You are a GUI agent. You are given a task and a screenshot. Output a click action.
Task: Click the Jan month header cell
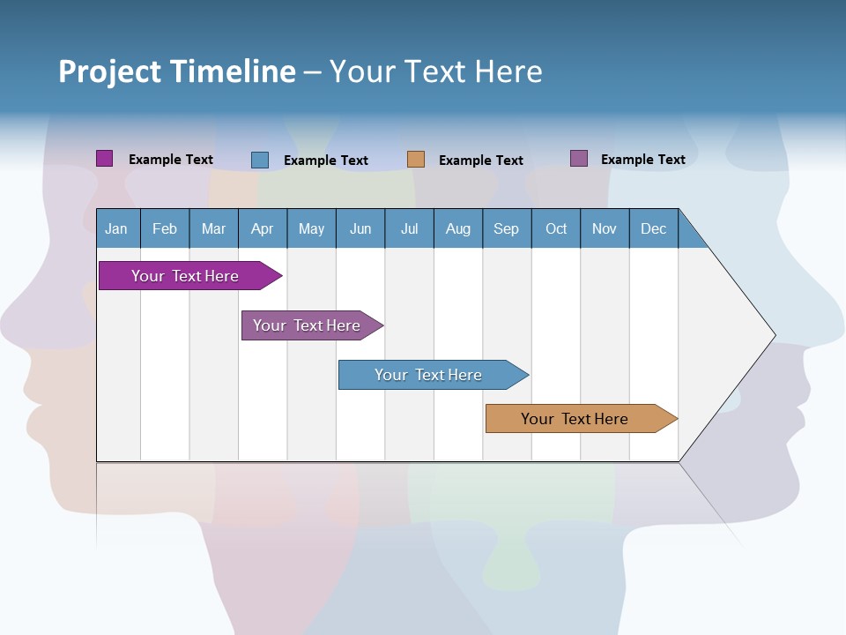116,229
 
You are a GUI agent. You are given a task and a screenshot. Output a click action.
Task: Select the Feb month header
165,229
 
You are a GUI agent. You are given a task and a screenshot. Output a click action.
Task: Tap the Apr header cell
263,229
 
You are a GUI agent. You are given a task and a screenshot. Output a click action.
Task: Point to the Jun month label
360,229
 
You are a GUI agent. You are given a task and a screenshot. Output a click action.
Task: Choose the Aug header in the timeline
458,229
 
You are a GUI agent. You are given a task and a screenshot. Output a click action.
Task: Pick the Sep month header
507,229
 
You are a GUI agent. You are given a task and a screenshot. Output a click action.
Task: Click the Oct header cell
556,229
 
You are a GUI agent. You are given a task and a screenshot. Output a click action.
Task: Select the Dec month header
654,229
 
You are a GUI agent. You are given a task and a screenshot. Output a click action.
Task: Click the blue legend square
260,160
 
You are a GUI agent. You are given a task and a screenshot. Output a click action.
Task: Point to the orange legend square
416,160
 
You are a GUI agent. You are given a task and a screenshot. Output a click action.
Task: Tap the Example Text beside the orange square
481,161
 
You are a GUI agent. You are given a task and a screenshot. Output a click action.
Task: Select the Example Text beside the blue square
326,161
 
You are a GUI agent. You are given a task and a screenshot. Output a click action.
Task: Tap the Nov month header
605,229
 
